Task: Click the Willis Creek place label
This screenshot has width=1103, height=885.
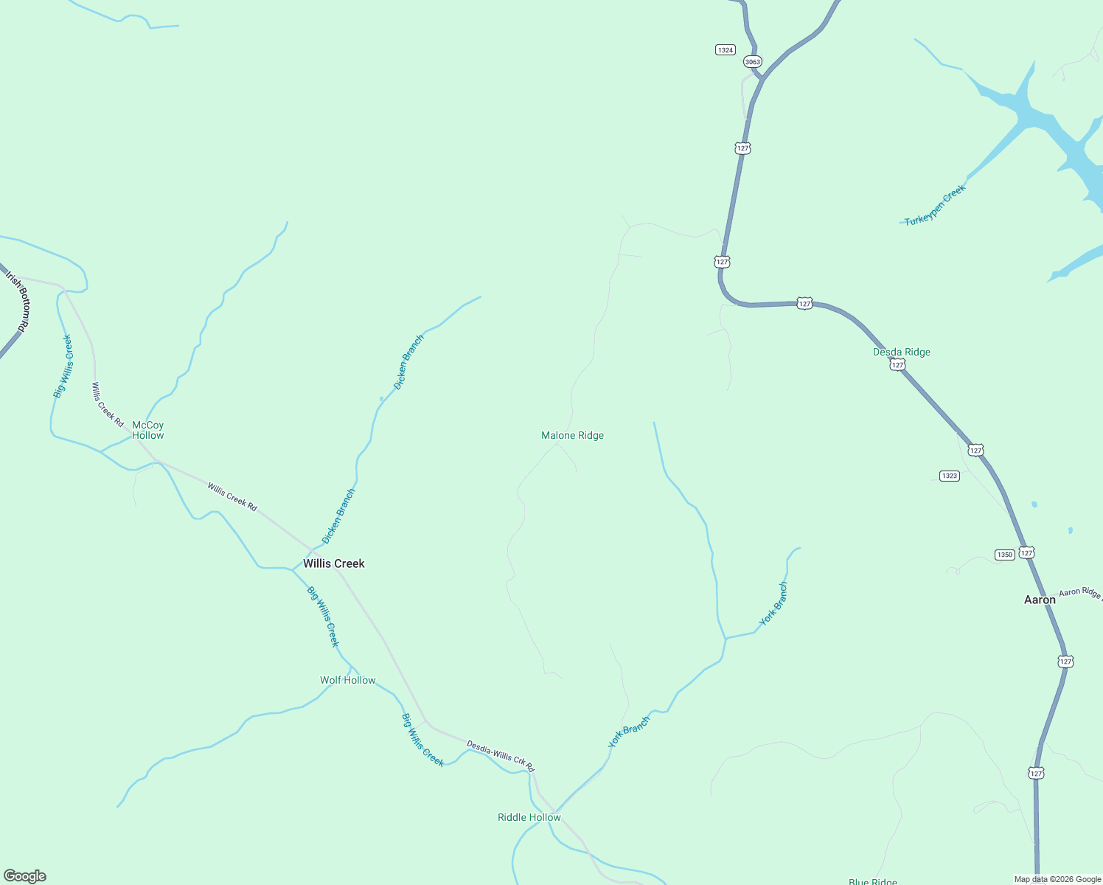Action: point(334,563)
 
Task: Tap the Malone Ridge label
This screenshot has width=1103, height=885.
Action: point(572,435)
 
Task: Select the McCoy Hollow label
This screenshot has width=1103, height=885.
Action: point(147,430)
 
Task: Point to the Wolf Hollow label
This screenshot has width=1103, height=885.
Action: point(347,680)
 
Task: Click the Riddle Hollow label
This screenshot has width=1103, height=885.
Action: point(529,817)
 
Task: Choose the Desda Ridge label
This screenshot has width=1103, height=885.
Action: point(901,352)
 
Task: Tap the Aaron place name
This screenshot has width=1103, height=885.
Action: point(1040,600)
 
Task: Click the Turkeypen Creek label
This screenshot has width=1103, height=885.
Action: point(935,205)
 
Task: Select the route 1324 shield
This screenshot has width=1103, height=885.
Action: point(726,50)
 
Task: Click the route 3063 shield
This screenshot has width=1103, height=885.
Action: point(752,62)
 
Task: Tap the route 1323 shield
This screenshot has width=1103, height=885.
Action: point(950,476)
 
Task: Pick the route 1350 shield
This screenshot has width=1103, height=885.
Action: point(1004,555)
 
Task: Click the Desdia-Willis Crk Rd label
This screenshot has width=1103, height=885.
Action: point(500,757)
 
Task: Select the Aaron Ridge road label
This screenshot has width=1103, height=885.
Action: point(1080,592)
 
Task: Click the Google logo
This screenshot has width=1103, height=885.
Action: point(25,876)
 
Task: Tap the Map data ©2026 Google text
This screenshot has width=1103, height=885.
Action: point(1057,879)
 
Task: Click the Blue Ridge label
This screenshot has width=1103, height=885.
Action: point(872,881)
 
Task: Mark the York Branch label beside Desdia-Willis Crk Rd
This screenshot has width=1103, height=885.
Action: point(629,732)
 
